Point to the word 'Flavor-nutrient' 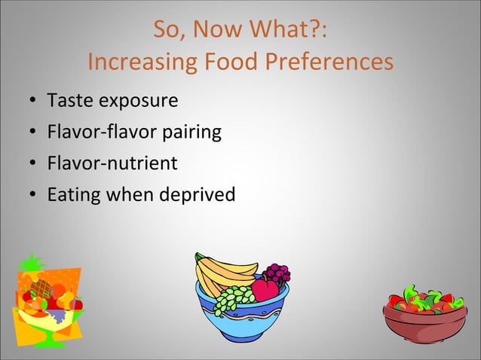112,163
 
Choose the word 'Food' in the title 227,62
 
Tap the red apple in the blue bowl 265,289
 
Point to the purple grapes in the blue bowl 277,273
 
